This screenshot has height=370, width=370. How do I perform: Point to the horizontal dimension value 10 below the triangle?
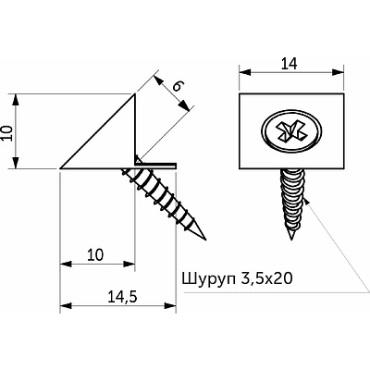pyautogui.click(x=95, y=252)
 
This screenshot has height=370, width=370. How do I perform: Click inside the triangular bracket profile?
pyautogui.click(x=111, y=143)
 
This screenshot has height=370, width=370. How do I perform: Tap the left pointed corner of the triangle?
pyautogui.click(x=60, y=168)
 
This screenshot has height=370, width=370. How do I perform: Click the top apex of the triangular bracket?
pyautogui.click(x=136, y=92)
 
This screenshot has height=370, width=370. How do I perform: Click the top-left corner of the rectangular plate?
pyautogui.click(x=240, y=93)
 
